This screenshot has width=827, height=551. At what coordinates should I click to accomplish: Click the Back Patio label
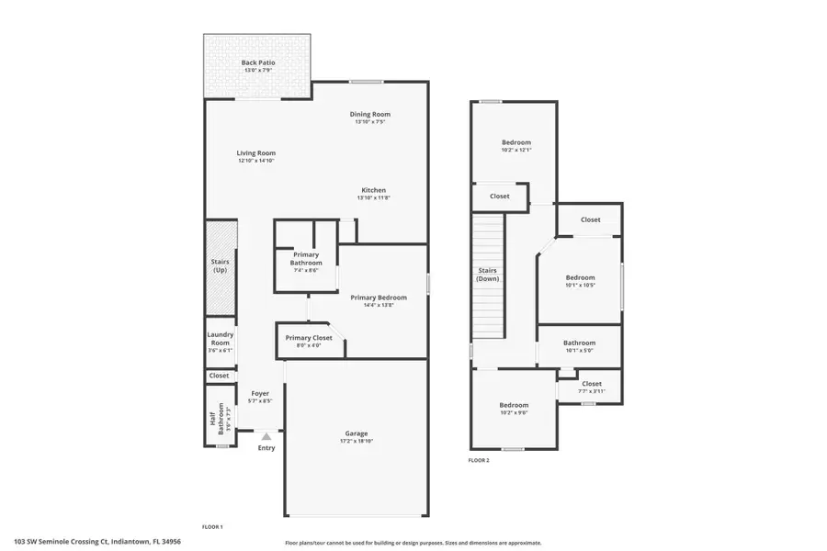tap(258, 62)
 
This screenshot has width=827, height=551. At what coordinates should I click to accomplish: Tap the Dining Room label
tap(369, 114)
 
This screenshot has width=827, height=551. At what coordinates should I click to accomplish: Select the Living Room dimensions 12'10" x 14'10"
tap(256, 161)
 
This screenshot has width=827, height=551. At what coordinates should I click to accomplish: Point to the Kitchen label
tap(373, 190)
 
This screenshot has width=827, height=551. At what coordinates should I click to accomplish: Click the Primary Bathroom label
tap(306, 258)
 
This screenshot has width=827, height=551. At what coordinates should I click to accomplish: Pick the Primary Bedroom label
tap(378, 298)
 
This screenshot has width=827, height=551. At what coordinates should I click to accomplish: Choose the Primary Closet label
tap(309, 338)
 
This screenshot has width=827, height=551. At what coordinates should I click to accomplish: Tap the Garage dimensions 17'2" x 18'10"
tap(357, 441)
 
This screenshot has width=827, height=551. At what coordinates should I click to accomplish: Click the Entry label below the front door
tap(266, 448)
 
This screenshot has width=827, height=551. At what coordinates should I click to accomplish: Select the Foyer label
tap(260, 393)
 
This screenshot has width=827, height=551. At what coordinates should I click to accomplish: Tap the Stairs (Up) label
tap(221, 266)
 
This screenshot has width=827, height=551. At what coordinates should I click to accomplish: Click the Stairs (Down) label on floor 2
tap(488, 275)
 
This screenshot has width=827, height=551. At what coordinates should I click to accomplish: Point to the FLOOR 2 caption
tap(479, 460)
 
